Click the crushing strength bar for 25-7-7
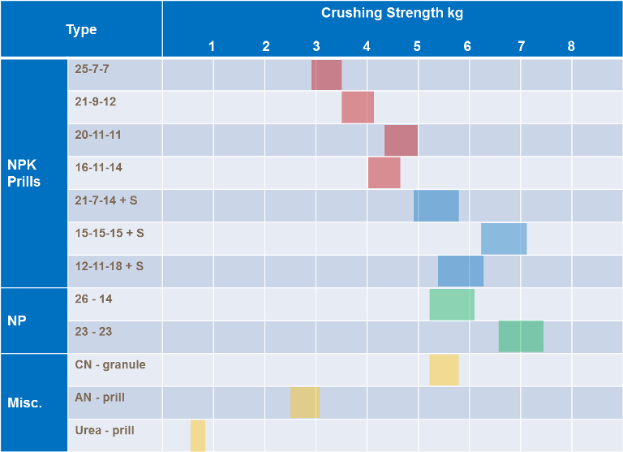tap(326, 75)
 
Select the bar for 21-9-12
tap(358, 107)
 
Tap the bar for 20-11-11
tap(401, 140)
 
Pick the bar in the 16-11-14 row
tap(384, 173)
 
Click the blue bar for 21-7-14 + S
tap(436, 205)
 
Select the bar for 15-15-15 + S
tap(504, 239)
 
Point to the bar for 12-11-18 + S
tap(461, 271)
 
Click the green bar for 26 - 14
tap(452, 304)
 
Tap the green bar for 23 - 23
tap(521, 337)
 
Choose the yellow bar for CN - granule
tap(444, 370)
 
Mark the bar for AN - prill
tap(305, 402)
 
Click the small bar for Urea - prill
tap(198, 436)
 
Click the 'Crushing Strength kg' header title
tap(392, 13)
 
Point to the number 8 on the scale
tap(571, 46)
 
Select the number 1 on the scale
tap(212, 46)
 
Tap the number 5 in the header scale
tap(417, 46)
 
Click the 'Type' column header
tap(81, 30)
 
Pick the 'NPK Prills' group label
tap(24, 173)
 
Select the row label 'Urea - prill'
tap(105, 430)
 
